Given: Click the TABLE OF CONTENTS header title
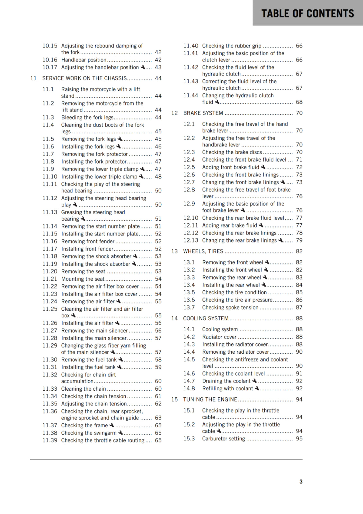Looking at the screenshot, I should point(307,13).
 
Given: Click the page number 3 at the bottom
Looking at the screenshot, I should point(301,482).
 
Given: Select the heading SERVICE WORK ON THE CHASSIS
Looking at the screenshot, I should point(84,78).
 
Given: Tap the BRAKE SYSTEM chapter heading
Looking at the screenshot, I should point(203,113).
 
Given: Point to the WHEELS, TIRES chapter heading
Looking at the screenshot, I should point(203,251).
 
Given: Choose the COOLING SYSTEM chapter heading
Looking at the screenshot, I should point(206,318).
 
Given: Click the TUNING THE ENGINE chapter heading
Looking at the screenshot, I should point(210,399).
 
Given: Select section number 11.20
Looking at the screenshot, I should point(50,271).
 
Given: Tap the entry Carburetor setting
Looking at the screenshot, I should point(224,439).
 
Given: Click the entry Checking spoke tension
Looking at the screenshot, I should point(230,307).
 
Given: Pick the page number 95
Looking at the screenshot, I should point(299,439).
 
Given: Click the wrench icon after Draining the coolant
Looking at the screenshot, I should point(254,381).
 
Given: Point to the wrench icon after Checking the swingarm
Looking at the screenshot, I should point(120,433).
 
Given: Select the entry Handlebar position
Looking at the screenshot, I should point(84,60).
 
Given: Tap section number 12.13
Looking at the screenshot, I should point(191,240).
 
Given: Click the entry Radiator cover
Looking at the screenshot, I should point(219,337).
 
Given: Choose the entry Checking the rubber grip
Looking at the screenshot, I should point(232,46).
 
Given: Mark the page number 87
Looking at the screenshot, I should point(299,307).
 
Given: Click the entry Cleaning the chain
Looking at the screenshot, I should point(84,389).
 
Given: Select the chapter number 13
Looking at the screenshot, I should point(174,251).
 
